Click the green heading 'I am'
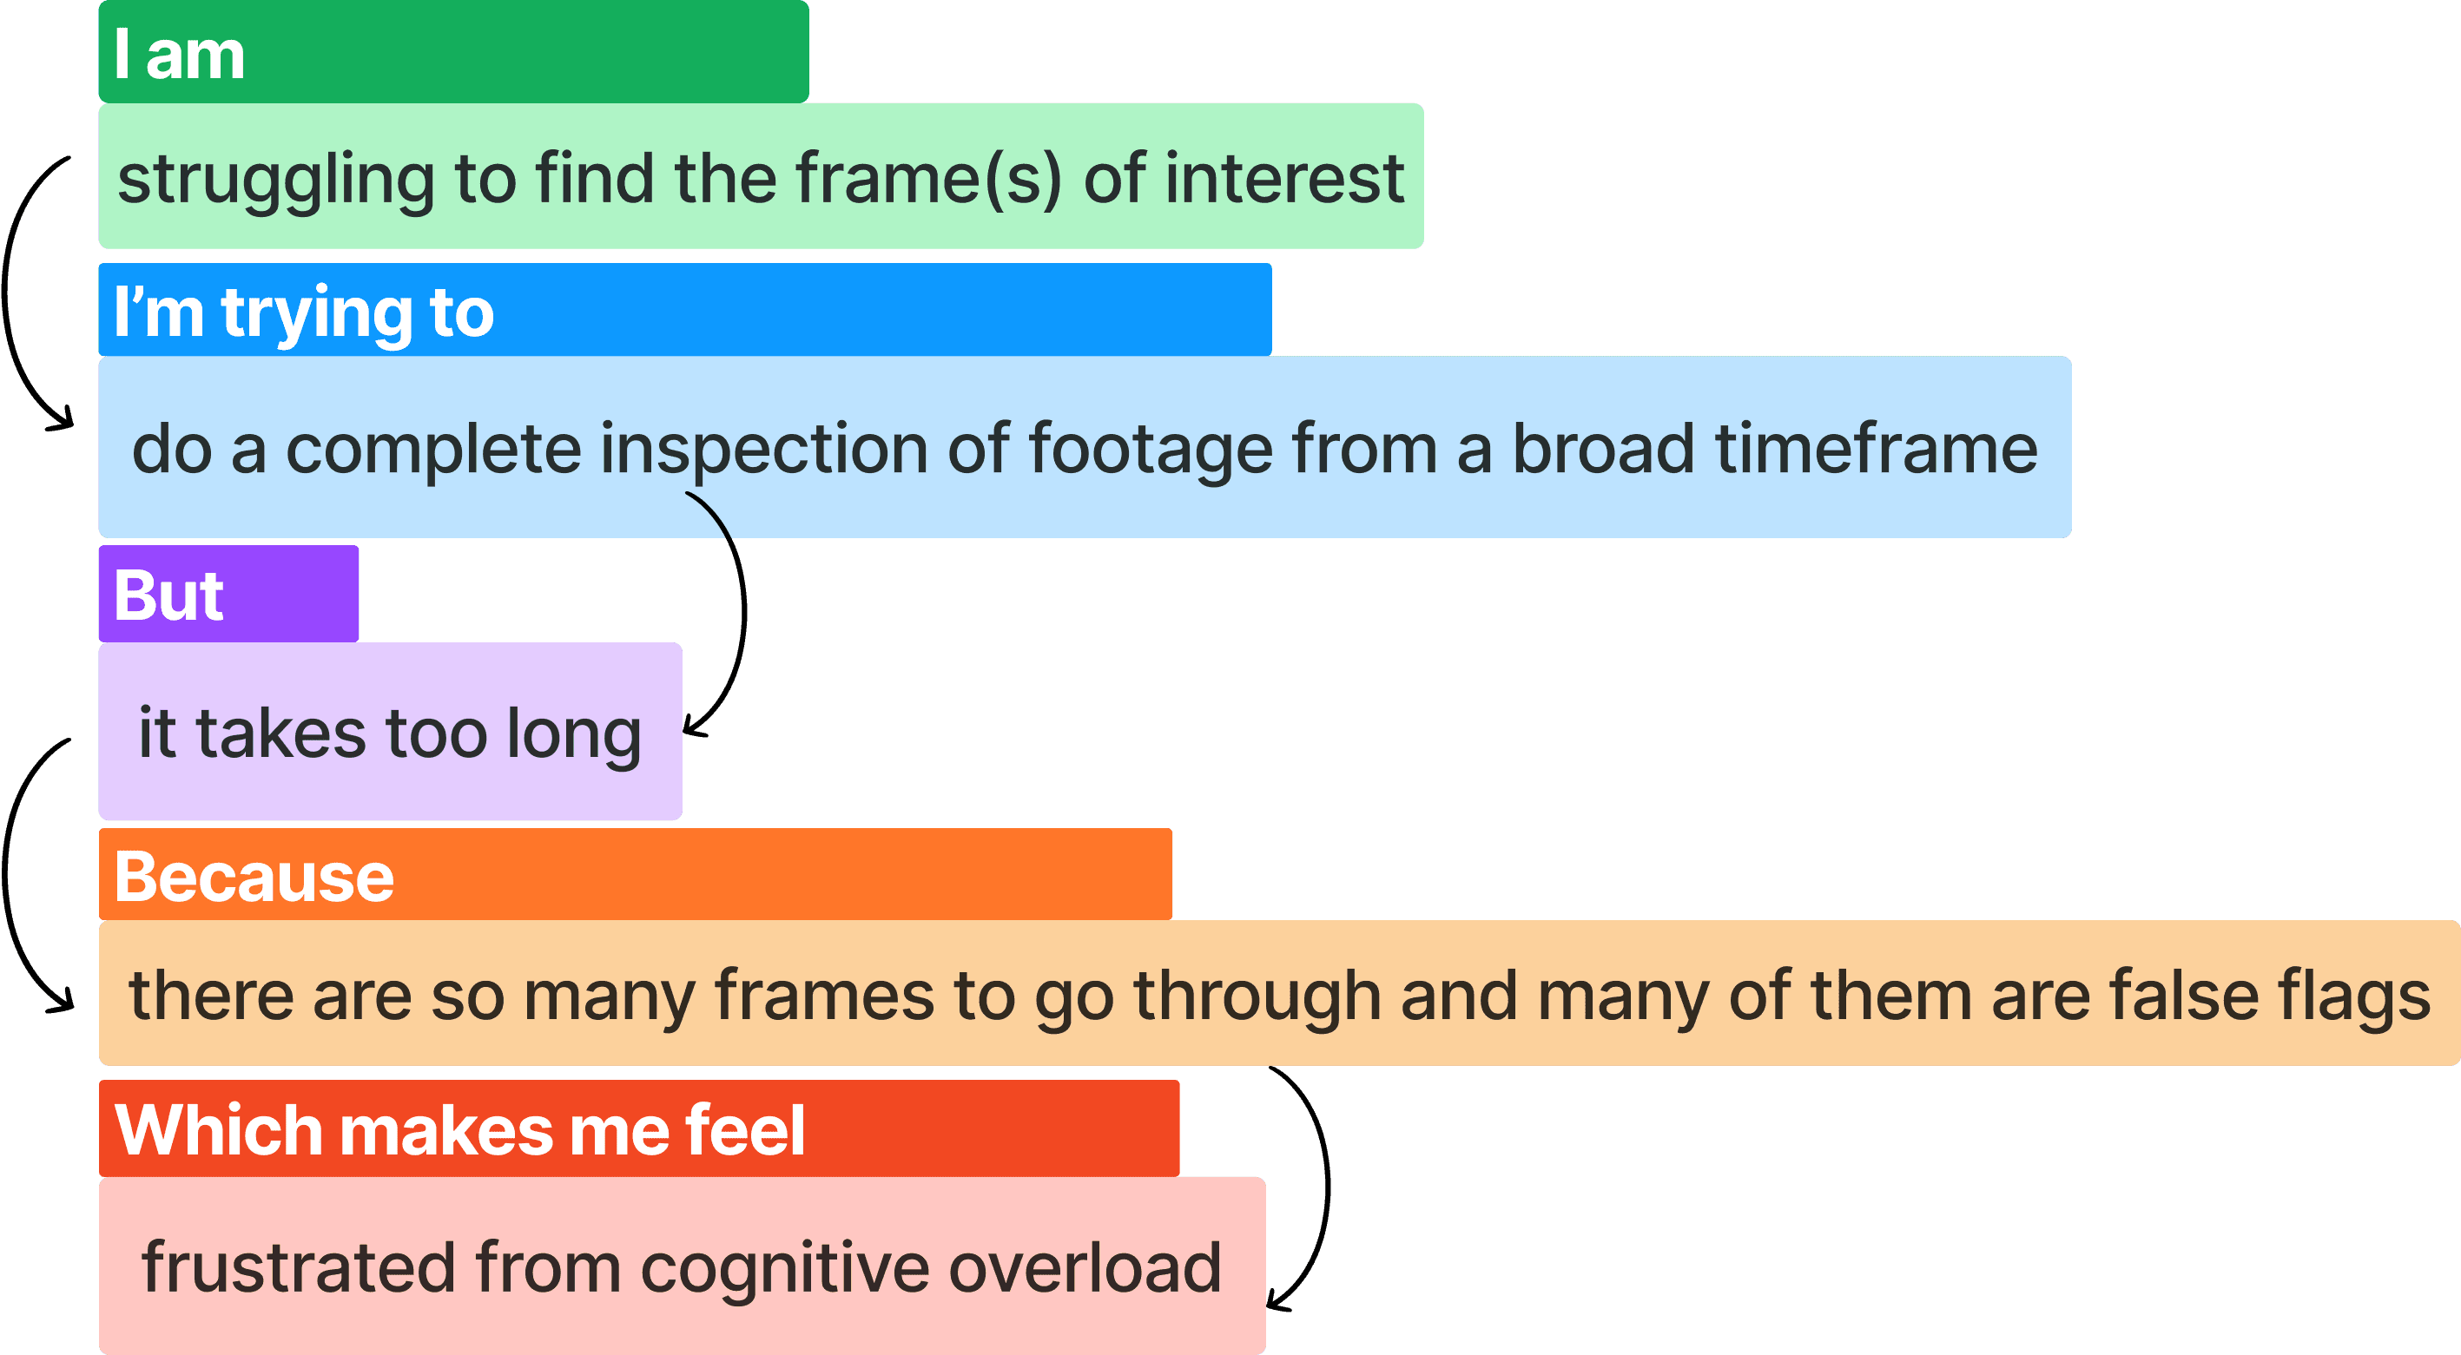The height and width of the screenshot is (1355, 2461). point(180,55)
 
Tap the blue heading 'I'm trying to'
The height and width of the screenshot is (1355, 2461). point(304,312)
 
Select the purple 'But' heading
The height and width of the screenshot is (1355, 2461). point(169,595)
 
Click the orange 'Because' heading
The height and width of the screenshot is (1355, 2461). point(254,877)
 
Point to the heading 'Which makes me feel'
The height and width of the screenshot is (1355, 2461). point(459,1129)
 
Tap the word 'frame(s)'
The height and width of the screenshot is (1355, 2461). point(928,179)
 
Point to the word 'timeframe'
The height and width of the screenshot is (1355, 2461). point(1877,448)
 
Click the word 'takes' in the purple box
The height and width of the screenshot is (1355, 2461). point(280,733)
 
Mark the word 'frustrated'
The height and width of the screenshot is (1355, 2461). point(298,1267)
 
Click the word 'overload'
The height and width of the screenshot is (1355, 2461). point(1085,1267)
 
